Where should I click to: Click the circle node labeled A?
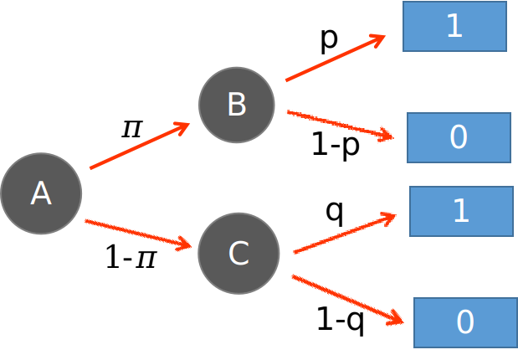(x=41, y=193)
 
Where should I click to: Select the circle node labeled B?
(x=237, y=105)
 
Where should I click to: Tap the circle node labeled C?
(x=238, y=253)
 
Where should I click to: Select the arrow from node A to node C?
(x=138, y=234)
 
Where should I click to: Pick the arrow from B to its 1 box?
(x=335, y=59)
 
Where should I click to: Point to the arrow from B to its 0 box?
(x=339, y=124)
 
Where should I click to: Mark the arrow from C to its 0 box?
(x=347, y=299)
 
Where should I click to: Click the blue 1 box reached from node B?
(x=454, y=27)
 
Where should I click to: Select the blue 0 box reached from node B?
(x=459, y=137)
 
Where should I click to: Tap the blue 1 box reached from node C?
(x=461, y=211)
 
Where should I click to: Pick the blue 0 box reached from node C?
(x=465, y=322)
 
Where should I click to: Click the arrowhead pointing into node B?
(x=182, y=126)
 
